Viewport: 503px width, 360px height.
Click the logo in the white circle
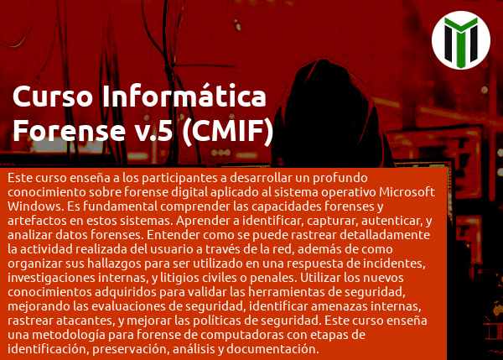(461, 40)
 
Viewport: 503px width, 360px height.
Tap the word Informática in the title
(184, 96)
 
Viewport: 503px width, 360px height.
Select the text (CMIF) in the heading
(228, 131)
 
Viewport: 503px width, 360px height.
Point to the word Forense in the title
(70, 131)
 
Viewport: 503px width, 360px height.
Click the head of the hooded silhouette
(324, 93)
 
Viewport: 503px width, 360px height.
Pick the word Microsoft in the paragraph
(407, 192)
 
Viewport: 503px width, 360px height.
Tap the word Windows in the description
(34, 206)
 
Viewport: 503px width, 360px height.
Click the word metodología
(69, 336)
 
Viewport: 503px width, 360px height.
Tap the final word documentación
(272, 349)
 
